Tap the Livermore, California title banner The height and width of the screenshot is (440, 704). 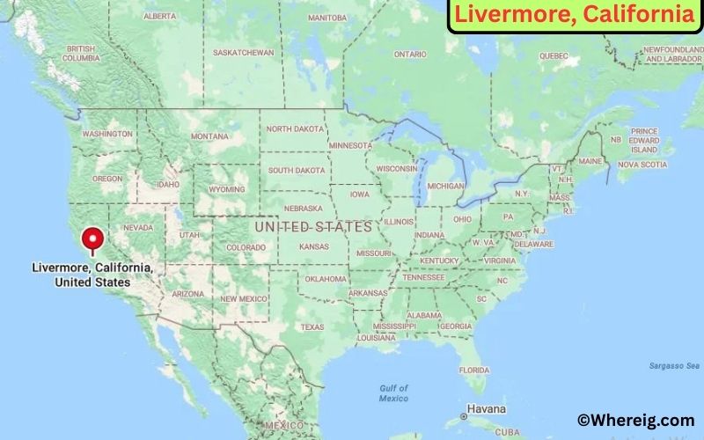pyautogui.click(x=573, y=15)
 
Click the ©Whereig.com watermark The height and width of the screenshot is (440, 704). pyautogui.click(x=635, y=421)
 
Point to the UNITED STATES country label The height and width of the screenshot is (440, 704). pyautogui.click(x=313, y=227)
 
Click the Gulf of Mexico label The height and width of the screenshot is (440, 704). pyautogui.click(x=393, y=392)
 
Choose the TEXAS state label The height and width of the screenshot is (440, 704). pyautogui.click(x=312, y=326)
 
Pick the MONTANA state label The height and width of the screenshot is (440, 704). pyautogui.click(x=209, y=136)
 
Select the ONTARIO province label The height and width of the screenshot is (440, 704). pyautogui.click(x=410, y=55)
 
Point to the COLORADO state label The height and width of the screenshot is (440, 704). pyautogui.click(x=246, y=248)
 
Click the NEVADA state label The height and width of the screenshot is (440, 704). pyautogui.click(x=138, y=227)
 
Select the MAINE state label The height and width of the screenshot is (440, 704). pyautogui.click(x=590, y=162)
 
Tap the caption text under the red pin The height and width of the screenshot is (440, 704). pyautogui.click(x=92, y=275)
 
